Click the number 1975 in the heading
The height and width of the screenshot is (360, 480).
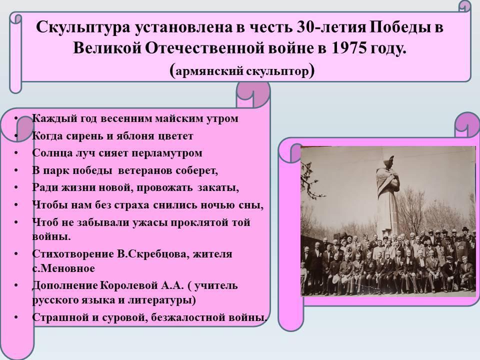point(348,48)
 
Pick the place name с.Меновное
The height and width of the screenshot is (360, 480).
point(63,268)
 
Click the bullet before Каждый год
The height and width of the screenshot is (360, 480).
point(16,118)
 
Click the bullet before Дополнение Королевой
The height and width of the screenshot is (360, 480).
point(16,285)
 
